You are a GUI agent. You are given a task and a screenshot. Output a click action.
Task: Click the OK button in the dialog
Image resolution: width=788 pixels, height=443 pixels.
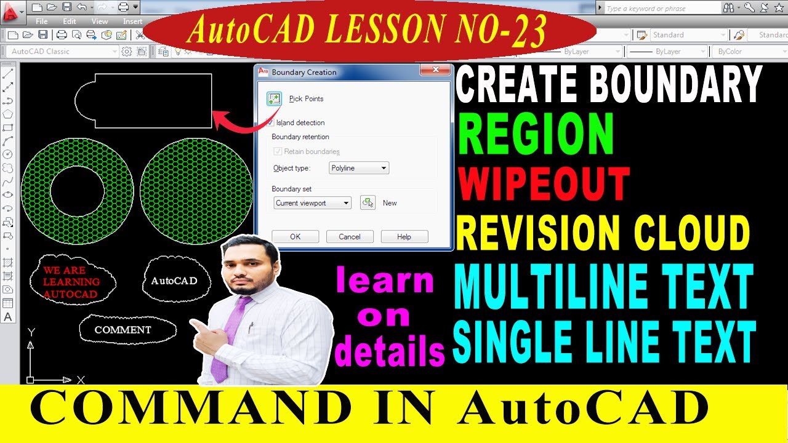pyautogui.click(x=295, y=237)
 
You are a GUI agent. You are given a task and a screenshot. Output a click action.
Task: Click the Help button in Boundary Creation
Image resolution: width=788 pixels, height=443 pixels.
pyautogui.click(x=404, y=237)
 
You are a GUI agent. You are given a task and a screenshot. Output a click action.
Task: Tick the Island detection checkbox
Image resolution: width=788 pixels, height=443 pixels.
pyautogui.click(x=270, y=122)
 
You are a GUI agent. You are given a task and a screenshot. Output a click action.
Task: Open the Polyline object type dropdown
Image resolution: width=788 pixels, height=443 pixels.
pyautogui.click(x=359, y=168)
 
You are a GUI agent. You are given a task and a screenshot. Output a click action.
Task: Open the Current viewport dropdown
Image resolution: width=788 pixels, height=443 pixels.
pyautogui.click(x=312, y=203)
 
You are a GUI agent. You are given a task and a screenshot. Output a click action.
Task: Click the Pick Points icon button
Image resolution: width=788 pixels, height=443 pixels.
pyautogui.click(x=274, y=98)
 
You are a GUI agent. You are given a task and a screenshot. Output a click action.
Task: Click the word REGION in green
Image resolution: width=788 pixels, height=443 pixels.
pyautogui.click(x=536, y=134)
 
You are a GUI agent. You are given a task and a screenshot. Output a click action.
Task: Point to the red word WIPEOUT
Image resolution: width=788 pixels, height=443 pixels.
pyautogui.click(x=543, y=185)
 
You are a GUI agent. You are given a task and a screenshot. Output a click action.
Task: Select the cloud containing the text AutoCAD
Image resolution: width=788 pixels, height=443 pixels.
pyautogui.click(x=176, y=281)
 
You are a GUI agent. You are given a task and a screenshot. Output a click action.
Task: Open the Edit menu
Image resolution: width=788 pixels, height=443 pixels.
pyautogui.click(x=70, y=21)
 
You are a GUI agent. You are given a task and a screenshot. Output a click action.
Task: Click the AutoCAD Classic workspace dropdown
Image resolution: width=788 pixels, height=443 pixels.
pyautogui.click(x=64, y=52)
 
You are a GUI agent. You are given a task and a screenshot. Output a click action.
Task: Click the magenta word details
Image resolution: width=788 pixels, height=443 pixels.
pyautogui.click(x=389, y=352)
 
